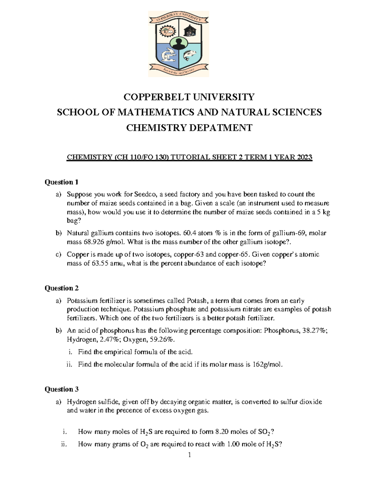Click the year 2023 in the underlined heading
pos(302,157)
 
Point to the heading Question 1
pos(61,182)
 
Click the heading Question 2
pos(61,288)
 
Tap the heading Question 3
pos(61,389)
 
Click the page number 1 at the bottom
pos(189,455)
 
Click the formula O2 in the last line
pos(144,445)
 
